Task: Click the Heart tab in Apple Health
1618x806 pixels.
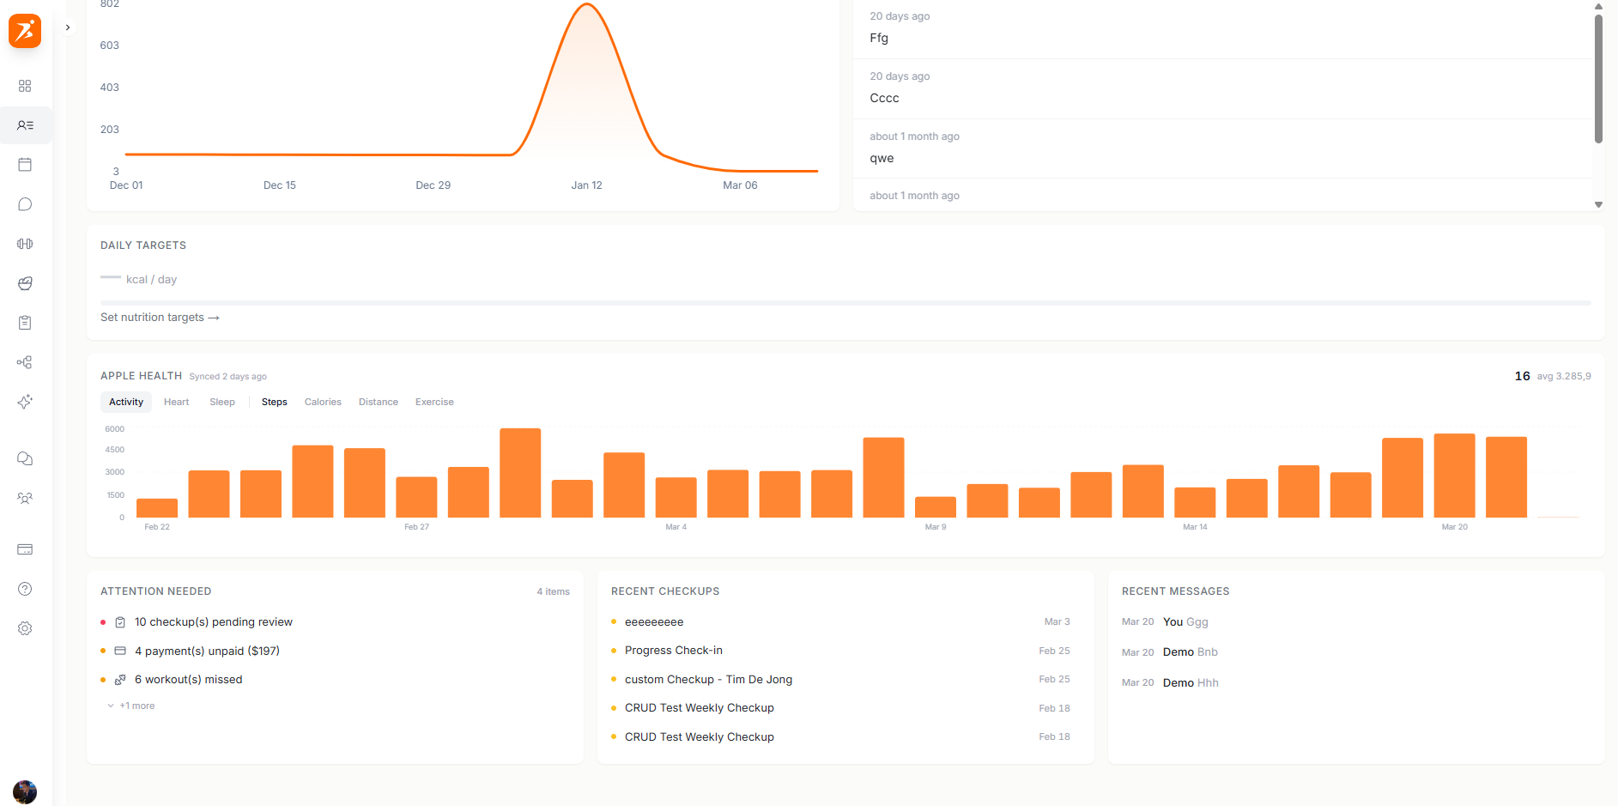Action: pos(176,402)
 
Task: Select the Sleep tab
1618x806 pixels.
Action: pos(222,402)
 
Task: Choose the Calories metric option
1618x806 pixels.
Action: pos(323,402)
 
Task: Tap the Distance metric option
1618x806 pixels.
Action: pos(379,402)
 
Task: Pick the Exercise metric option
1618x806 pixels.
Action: pos(434,402)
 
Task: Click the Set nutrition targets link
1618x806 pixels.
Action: pos(160,318)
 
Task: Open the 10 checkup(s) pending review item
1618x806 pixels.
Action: pos(213,622)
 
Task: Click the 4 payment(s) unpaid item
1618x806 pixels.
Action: pos(207,651)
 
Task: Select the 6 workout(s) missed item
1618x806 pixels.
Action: pos(188,680)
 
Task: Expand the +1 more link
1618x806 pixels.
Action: pos(136,706)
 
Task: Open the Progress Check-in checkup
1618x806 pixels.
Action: pos(674,651)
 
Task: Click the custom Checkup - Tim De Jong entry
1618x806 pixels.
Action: pos(708,680)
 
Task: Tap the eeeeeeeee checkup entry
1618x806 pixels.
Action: pos(654,622)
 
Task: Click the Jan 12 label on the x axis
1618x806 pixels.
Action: pos(586,185)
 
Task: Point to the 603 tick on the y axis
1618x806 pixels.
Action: pos(110,45)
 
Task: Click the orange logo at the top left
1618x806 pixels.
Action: pos(25,31)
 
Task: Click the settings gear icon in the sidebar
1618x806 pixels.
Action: pos(25,628)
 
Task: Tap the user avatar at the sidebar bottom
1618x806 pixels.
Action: pos(25,791)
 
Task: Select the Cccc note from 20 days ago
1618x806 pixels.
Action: pos(884,98)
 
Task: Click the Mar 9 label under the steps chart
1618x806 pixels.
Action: pos(936,527)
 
